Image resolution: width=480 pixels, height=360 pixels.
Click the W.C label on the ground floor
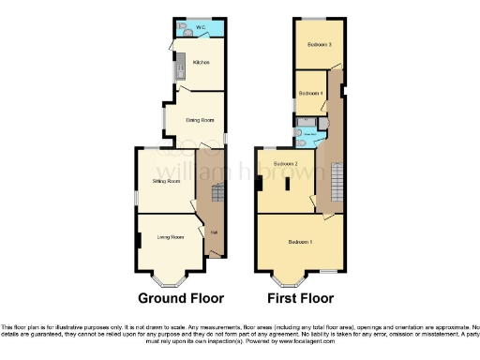200,26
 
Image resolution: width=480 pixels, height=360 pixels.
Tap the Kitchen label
201,63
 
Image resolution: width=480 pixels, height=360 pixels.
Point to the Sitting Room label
166,180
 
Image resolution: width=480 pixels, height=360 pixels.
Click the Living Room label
170,237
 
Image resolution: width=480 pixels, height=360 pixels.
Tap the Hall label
214,232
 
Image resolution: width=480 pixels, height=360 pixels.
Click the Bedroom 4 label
310,94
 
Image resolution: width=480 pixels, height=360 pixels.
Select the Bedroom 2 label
286,164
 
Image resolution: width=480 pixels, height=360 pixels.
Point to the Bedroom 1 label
300,243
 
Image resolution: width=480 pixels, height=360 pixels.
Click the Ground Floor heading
181,299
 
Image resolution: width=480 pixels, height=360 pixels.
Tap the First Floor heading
301,299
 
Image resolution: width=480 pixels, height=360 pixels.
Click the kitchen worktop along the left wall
174,67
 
